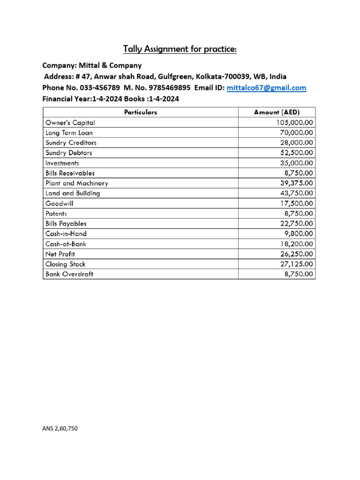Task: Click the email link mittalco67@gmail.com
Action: (266, 88)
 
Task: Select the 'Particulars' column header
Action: (141, 112)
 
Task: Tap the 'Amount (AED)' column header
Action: (277, 112)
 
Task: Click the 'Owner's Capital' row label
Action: (70, 122)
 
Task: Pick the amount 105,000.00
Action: (294, 122)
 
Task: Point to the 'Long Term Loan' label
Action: (69, 133)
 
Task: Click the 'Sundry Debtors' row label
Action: (68, 153)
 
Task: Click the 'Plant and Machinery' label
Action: (76, 183)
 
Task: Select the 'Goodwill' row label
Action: (59, 203)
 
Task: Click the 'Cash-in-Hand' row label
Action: (66, 233)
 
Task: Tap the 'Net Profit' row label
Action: (60, 254)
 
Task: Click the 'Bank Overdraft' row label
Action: (69, 274)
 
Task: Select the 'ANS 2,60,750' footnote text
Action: (60, 428)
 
